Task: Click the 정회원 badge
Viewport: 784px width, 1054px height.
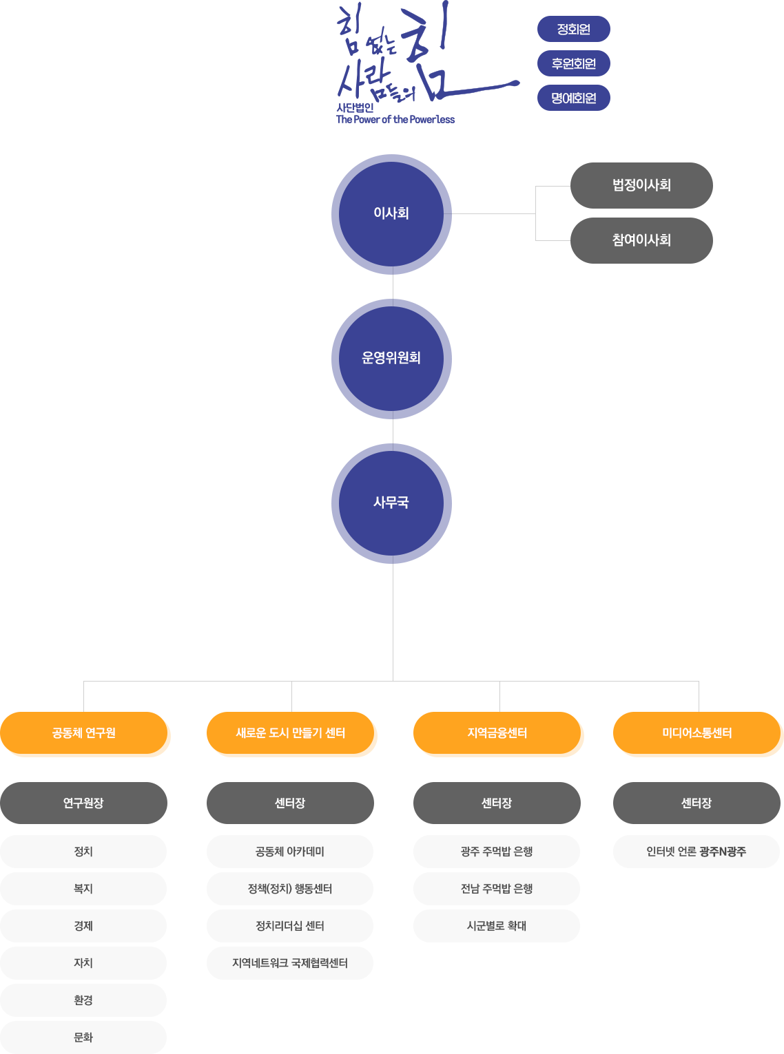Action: (573, 29)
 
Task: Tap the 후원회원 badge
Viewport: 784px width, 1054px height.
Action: (573, 63)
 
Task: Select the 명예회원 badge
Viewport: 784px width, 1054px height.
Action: (573, 98)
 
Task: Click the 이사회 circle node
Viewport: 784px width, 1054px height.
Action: (391, 214)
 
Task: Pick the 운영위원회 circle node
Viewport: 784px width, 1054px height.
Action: (391, 359)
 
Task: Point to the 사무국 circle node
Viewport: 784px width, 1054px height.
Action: (391, 503)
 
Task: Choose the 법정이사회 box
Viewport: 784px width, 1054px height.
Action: (641, 185)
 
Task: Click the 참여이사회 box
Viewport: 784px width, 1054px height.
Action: (641, 240)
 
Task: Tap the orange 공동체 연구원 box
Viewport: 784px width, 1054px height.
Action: (84, 732)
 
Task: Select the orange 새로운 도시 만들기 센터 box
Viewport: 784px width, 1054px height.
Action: (290, 732)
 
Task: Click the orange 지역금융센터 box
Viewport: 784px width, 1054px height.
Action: (497, 732)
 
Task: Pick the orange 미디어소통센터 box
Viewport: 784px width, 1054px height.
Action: (697, 732)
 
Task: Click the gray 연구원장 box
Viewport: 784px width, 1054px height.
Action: (84, 803)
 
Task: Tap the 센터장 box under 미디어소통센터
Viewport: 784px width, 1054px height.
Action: (697, 803)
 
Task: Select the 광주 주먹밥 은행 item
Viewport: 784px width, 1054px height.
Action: (497, 852)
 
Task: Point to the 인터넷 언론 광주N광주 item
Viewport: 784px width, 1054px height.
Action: (697, 852)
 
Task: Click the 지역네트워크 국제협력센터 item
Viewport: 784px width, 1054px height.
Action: (290, 963)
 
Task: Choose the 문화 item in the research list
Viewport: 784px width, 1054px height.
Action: (83, 1037)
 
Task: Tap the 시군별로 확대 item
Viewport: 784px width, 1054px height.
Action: (497, 926)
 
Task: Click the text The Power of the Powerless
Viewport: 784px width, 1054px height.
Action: (395, 120)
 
